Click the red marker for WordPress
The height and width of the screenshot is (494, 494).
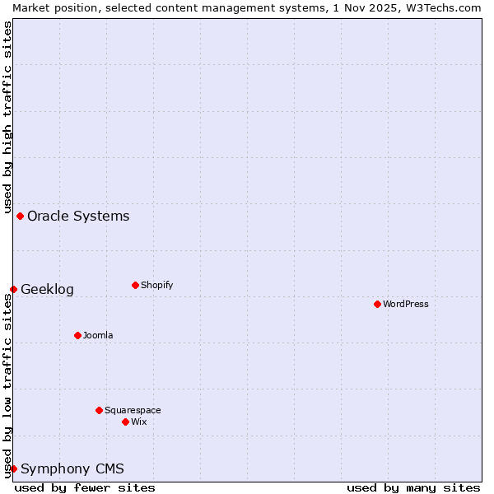click(x=377, y=304)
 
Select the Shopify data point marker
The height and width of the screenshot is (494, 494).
click(x=135, y=285)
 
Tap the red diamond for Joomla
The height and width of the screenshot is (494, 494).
click(x=77, y=335)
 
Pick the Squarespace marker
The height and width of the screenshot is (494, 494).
click(x=99, y=410)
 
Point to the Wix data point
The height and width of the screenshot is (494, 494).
click(x=125, y=422)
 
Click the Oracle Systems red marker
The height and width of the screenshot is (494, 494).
click(x=20, y=216)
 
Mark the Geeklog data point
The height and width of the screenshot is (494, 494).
click(x=13, y=289)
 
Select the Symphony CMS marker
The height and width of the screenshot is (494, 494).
click(x=13, y=468)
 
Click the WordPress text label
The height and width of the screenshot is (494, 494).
click(x=406, y=304)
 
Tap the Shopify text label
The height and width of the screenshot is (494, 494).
click(x=157, y=285)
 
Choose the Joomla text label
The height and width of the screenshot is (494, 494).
click(x=98, y=335)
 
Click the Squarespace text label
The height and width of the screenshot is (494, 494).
click(x=133, y=410)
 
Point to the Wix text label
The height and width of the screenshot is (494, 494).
click(x=139, y=422)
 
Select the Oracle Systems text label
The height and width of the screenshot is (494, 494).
click(x=78, y=216)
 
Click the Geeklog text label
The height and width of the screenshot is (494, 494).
click(x=47, y=289)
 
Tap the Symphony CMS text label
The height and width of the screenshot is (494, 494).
click(x=72, y=468)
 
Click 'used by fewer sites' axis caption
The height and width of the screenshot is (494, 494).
click(x=85, y=487)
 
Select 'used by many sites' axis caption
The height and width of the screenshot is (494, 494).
click(x=413, y=487)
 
